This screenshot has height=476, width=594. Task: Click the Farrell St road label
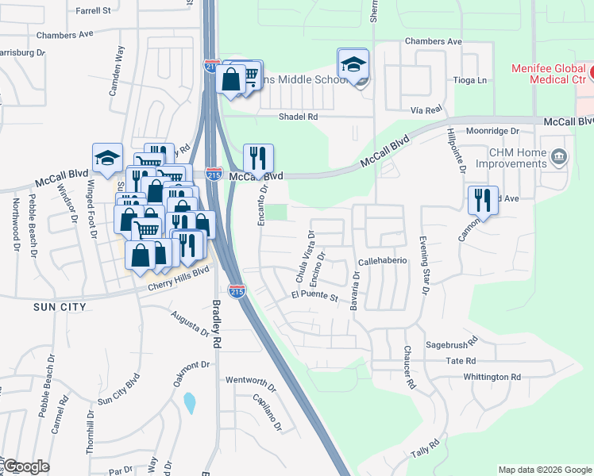[x=94, y=11]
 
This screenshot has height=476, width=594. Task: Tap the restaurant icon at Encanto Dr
[x=258, y=158]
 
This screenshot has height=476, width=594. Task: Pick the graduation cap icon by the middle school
[x=353, y=63]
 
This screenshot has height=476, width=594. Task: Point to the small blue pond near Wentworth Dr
[x=189, y=403]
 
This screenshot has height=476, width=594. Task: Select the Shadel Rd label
[x=298, y=117]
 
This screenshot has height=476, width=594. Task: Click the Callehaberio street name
[x=382, y=260]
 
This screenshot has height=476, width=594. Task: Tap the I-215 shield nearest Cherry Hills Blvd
[x=236, y=290]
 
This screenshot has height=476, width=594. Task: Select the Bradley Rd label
[x=215, y=324]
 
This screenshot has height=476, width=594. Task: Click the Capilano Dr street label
[x=267, y=412]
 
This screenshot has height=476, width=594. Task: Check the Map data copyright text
[x=544, y=470]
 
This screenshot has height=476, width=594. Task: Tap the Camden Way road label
[x=117, y=71]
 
